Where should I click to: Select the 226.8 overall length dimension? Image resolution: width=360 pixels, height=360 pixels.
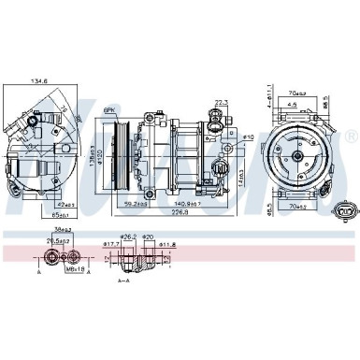(167, 210)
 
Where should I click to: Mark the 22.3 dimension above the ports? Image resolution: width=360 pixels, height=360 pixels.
(222, 104)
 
